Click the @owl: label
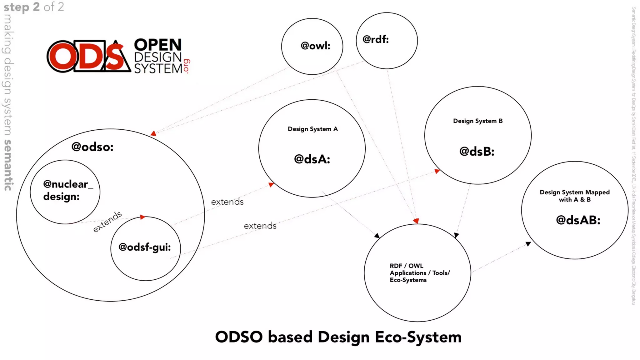coord(315,46)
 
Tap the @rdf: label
coord(375,39)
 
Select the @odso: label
coord(92,147)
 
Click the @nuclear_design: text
coord(67,190)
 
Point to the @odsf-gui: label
coord(145,247)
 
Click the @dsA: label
coord(312,159)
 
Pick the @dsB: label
coord(477,152)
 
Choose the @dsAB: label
coord(578,220)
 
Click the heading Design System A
coord(312,129)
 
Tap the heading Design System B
coord(478,121)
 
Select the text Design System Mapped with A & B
coord(575,196)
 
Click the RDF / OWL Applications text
coord(419,273)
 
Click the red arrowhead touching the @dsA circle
coord(271,185)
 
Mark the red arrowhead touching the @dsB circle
coord(437,171)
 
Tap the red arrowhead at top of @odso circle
coord(153,133)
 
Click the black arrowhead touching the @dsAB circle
coord(528,244)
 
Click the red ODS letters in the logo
coord(89,57)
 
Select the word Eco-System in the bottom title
coord(418,337)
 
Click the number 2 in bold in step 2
coord(36,7)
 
